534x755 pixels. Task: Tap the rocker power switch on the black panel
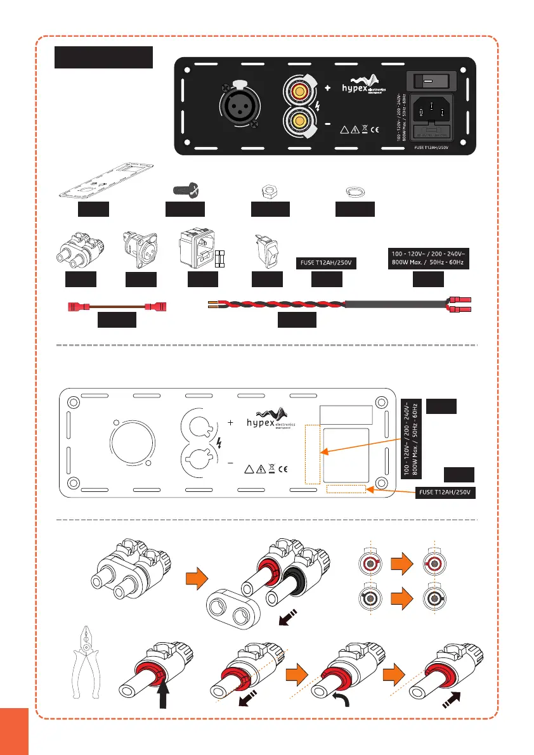click(432, 81)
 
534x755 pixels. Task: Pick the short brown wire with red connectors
click(116, 307)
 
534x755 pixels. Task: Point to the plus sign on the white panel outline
click(230, 422)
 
